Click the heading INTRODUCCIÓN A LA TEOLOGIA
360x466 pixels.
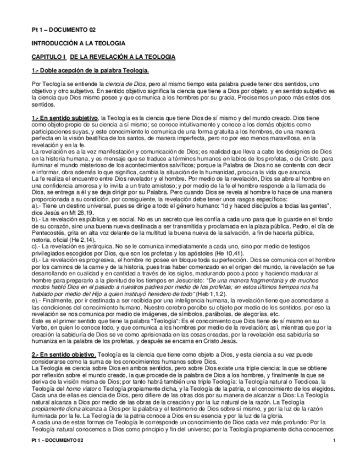(x=79, y=42)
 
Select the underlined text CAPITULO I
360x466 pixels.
(x=48, y=57)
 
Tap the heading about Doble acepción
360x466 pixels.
(x=90, y=71)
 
